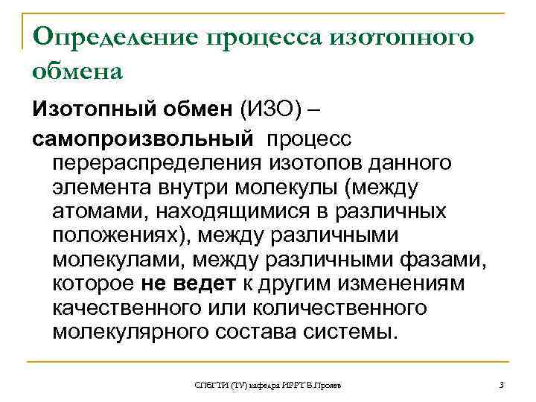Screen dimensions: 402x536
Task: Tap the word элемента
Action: point(102,187)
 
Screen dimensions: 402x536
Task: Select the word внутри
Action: point(197,187)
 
